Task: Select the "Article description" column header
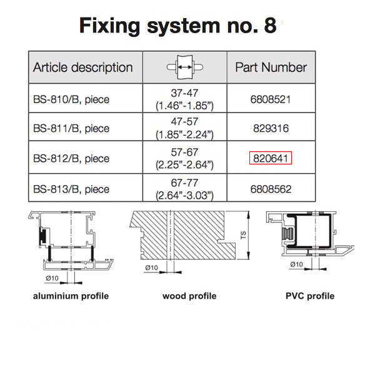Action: (82, 67)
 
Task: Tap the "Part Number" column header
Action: (271, 67)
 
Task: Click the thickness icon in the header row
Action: (184, 67)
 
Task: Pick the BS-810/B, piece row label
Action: (71, 99)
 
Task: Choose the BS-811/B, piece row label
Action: (71, 129)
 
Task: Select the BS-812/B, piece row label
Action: (71, 159)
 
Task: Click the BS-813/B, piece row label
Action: (71, 189)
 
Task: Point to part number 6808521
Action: (271, 99)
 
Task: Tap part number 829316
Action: (271, 129)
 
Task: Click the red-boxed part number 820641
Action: (271, 159)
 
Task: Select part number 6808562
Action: (271, 189)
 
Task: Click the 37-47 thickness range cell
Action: (184, 99)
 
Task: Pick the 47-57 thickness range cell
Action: (184, 129)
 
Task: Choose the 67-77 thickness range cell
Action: (184, 189)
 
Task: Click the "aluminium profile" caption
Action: (71, 296)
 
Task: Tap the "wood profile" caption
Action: (189, 296)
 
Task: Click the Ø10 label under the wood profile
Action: (151, 267)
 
